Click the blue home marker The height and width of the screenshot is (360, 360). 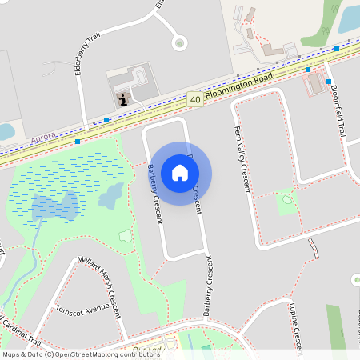(180, 172)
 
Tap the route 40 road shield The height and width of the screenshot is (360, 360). (195, 100)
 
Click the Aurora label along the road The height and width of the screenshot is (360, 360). (43, 138)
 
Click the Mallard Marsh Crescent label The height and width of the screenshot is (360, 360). (103, 285)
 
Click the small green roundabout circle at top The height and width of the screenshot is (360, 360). (179, 42)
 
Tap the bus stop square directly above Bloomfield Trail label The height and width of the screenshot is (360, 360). (329, 82)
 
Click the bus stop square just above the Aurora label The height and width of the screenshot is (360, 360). (78, 142)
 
